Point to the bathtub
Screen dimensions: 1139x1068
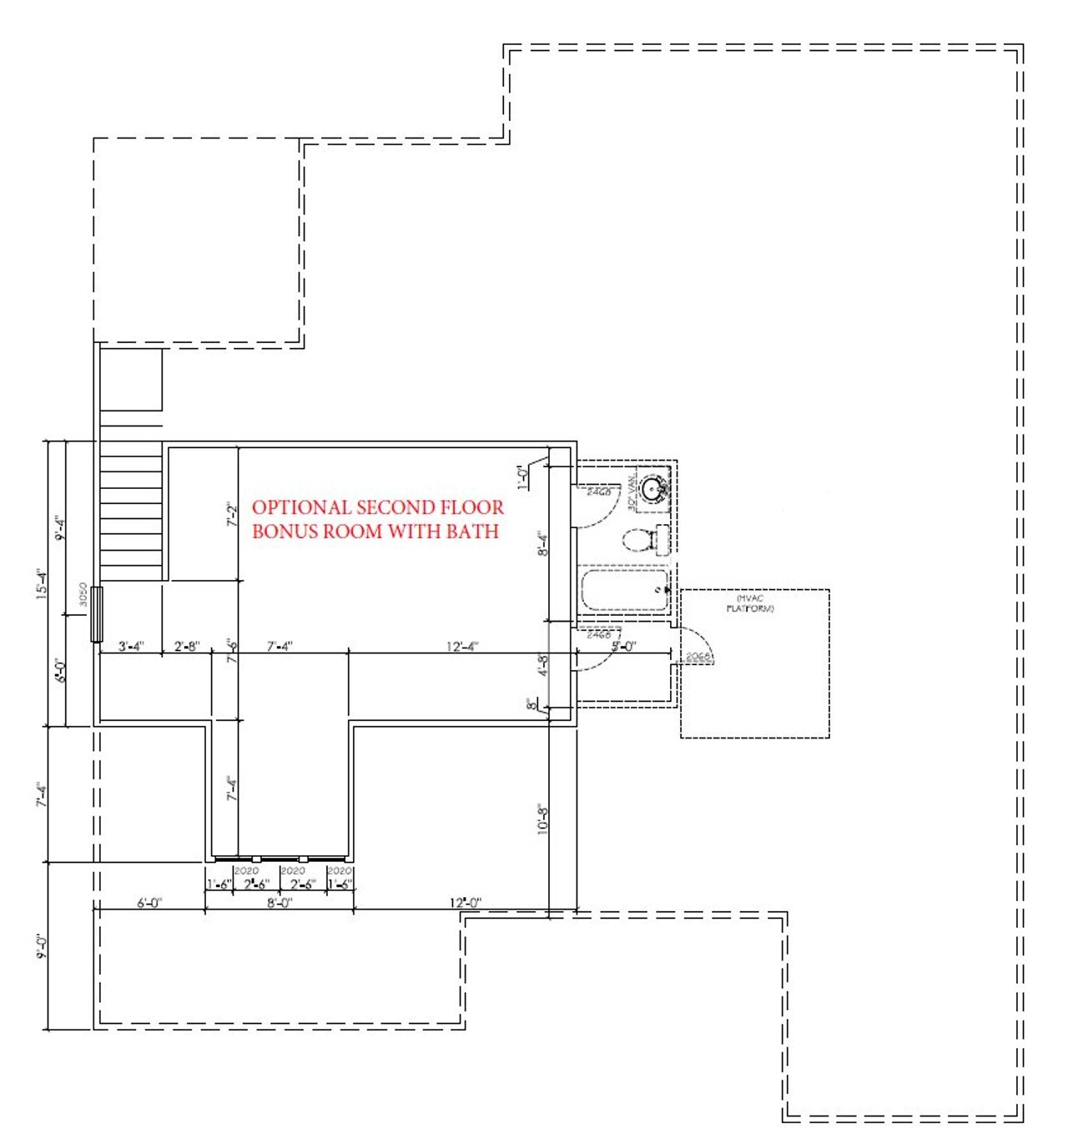pyautogui.click(x=622, y=590)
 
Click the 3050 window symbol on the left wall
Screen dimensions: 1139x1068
pyautogui.click(x=96, y=613)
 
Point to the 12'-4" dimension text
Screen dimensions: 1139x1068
pyautogui.click(x=462, y=647)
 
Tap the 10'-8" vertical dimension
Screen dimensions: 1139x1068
pyautogui.click(x=543, y=819)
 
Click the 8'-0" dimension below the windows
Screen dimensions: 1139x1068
pyautogui.click(x=279, y=903)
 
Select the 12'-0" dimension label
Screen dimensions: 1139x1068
pyautogui.click(x=465, y=903)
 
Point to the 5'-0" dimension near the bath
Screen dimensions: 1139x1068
pyautogui.click(x=623, y=646)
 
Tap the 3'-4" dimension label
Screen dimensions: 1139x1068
pyautogui.click(x=131, y=647)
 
